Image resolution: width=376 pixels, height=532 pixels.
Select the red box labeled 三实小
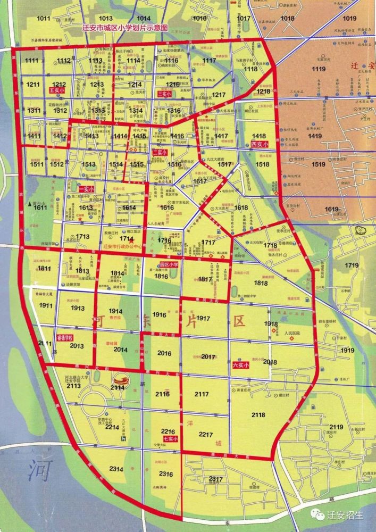click(164, 94)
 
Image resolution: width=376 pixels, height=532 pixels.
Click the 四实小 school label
click(259, 144)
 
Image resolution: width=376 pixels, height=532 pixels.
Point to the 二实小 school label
click(160, 153)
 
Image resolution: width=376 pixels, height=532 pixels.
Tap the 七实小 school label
click(170, 439)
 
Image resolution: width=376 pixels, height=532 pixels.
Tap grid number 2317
click(215, 479)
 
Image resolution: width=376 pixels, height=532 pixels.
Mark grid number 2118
click(258, 414)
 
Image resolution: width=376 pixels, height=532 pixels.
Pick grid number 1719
click(352, 265)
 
